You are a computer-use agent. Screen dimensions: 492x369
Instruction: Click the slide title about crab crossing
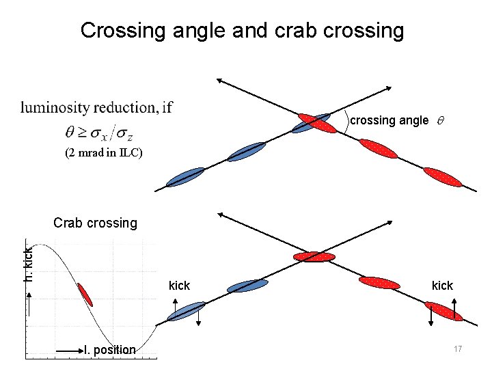pyautogui.click(x=242, y=31)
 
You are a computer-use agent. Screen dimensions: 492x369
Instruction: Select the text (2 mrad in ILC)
pyautogui.click(x=104, y=153)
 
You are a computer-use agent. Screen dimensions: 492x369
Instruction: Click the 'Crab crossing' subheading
pyautogui.click(x=95, y=223)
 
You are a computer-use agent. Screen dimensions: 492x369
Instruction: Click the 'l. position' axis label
pyautogui.click(x=109, y=350)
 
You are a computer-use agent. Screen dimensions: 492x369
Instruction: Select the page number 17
pyautogui.click(x=458, y=349)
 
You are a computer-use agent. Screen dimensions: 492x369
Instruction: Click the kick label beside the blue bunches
pyautogui.click(x=179, y=286)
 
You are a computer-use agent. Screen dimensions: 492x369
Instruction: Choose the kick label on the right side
pyautogui.click(x=442, y=286)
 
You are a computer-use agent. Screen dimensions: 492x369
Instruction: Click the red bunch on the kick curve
pyautogui.click(x=85, y=295)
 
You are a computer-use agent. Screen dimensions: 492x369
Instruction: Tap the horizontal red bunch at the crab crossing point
pyautogui.click(x=314, y=257)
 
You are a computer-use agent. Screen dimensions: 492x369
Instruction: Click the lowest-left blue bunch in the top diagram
pyautogui.click(x=185, y=176)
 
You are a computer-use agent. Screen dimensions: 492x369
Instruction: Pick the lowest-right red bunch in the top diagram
pyautogui.click(x=443, y=177)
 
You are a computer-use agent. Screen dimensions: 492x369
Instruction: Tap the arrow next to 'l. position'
pyautogui.click(x=68, y=351)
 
